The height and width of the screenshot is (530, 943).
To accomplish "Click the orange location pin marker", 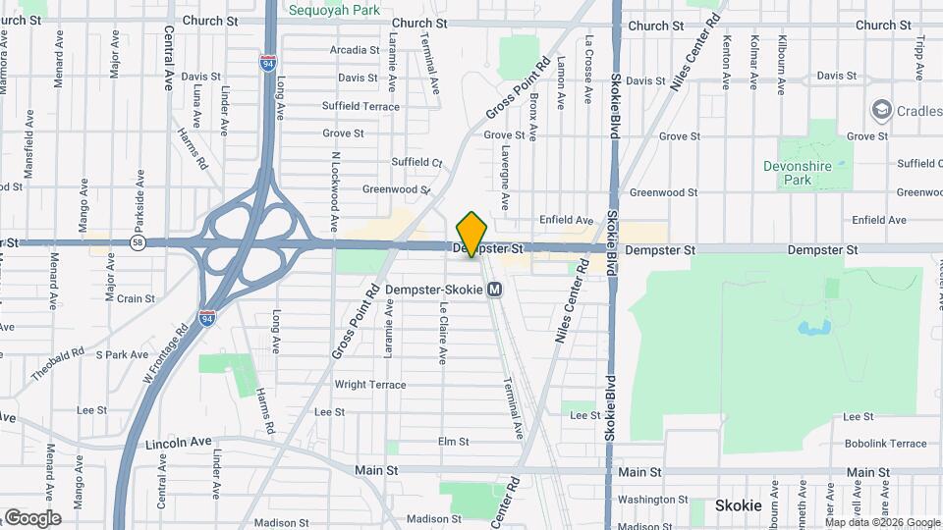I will [472, 234].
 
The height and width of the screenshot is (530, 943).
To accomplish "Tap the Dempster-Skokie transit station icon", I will [495, 290].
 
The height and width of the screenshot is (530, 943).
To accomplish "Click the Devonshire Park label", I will [797, 173].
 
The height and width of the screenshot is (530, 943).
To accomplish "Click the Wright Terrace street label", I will [369, 385].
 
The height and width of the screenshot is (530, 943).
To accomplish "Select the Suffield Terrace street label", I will [361, 106].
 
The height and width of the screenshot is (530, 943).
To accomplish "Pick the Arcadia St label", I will [355, 49].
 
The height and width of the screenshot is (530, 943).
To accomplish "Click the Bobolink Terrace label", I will [884, 444].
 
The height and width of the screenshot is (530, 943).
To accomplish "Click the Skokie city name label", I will [738, 505].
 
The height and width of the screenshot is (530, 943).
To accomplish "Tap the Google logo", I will [31, 517].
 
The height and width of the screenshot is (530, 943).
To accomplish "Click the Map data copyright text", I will [882, 522].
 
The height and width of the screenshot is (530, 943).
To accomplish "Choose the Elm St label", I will [453, 442].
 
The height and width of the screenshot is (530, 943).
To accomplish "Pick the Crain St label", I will [136, 298].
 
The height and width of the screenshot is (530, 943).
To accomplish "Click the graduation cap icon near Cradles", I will [880, 110].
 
